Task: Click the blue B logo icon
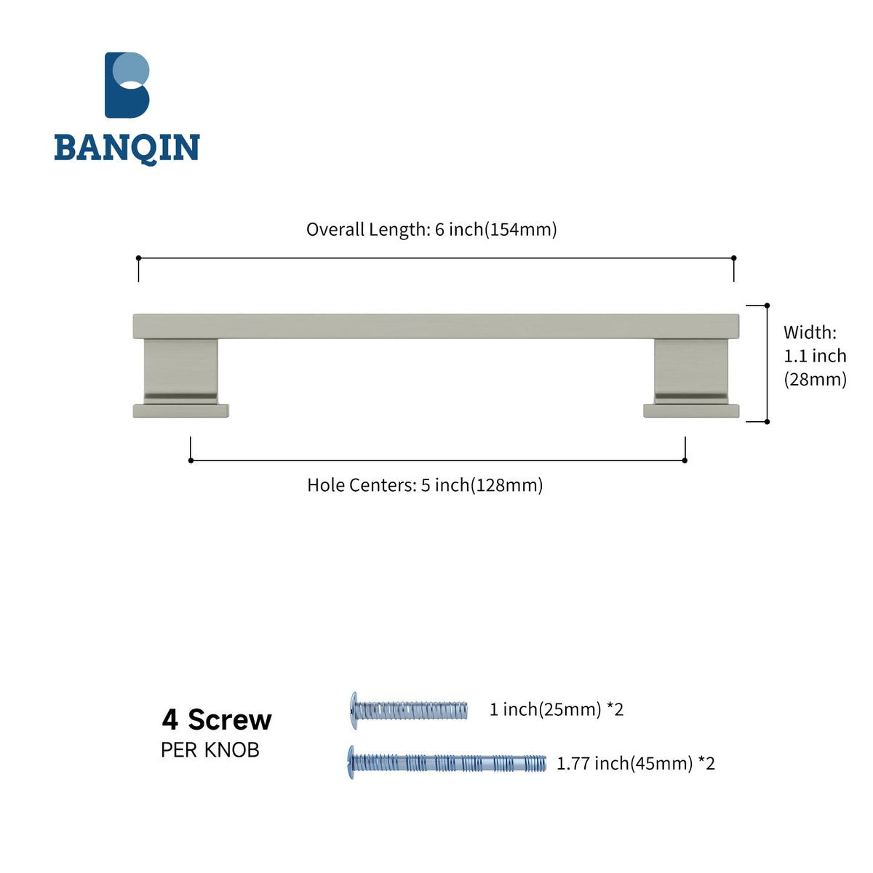pyautogui.click(x=127, y=85)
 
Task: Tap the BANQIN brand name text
pyautogui.click(x=127, y=148)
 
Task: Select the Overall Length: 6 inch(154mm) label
pyautogui.click(x=431, y=230)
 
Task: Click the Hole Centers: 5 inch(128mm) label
pyautogui.click(x=425, y=485)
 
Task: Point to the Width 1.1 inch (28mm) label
pyautogui.click(x=815, y=356)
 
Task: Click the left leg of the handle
pyautogui.click(x=180, y=371)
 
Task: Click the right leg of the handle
pyautogui.click(x=691, y=371)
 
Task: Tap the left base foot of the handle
pyautogui.click(x=180, y=410)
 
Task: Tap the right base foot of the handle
pyautogui.click(x=691, y=410)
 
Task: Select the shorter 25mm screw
pyautogui.click(x=409, y=710)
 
